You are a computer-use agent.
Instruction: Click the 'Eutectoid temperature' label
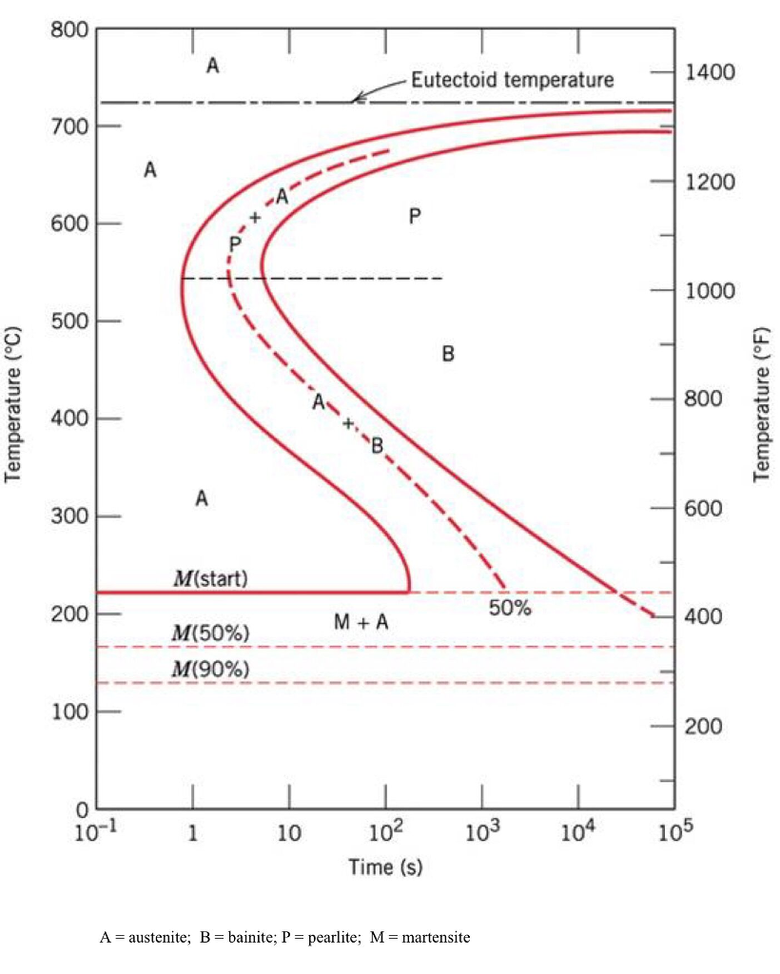coord(512,79)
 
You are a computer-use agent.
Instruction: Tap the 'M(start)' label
coord(210,578)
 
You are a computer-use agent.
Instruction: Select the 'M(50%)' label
coord(210,633)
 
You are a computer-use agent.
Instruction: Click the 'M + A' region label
coord(361,622)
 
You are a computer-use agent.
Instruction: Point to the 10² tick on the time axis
coord(384,834)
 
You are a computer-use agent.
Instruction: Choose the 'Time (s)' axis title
coord(384,867)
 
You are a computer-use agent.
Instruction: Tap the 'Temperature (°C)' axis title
coord(13,405)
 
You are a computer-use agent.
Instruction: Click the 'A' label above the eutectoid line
coord(212,66)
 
